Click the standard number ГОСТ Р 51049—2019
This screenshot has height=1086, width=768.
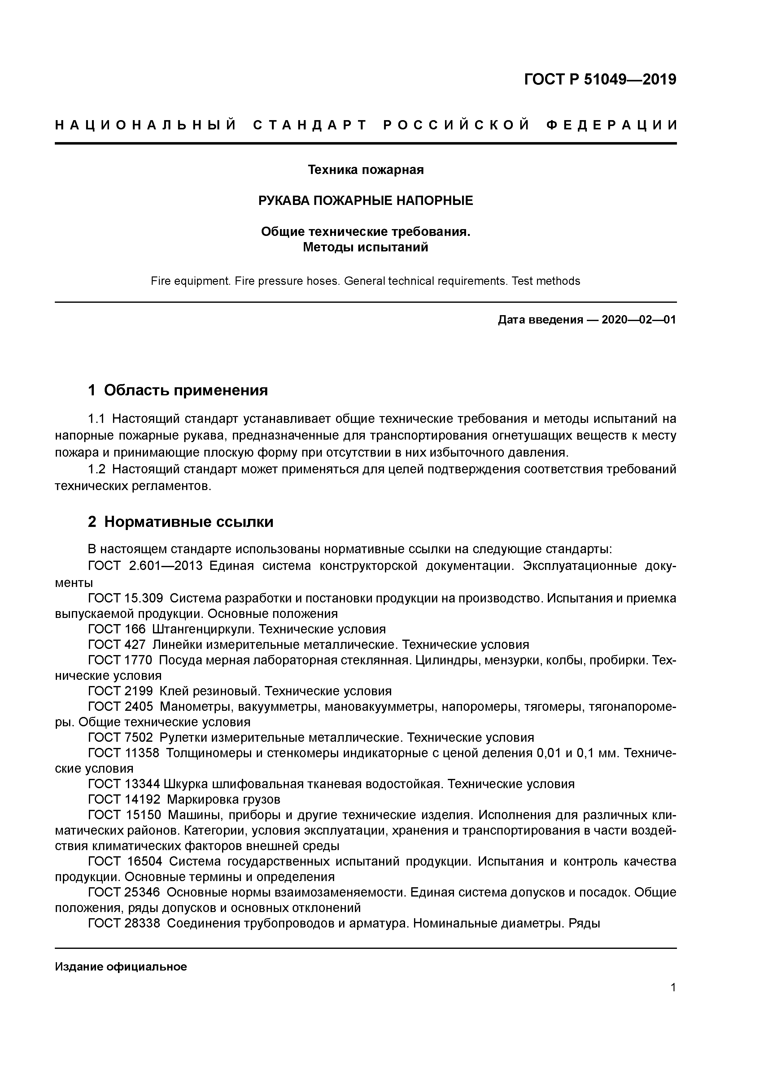point(600,80)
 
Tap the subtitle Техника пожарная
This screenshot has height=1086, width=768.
point(365,169)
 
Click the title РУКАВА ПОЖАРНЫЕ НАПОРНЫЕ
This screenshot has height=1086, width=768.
point(365,201)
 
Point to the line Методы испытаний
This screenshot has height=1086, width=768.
point(365,247)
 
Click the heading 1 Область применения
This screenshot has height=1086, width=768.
point(178,390)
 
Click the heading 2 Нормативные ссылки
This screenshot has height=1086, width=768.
point(181,522)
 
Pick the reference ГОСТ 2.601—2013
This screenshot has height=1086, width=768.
point(145,566)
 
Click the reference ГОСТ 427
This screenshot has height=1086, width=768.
point(117,645)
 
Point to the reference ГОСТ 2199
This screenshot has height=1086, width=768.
point(121,692)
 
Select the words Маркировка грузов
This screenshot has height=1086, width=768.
point(223,800)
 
